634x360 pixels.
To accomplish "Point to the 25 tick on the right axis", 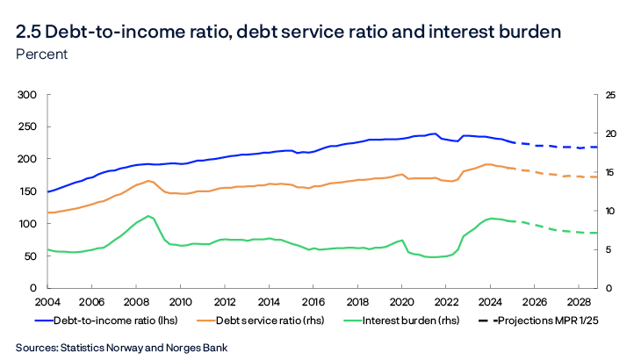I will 602,94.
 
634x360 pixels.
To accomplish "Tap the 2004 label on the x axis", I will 47,302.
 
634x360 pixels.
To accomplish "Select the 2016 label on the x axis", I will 313,302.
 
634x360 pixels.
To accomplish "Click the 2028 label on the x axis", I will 578,302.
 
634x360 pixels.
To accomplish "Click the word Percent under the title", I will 41,54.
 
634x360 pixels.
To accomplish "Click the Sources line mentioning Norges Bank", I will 121,348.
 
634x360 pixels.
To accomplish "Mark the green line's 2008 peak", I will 149,215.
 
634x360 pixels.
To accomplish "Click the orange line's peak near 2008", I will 148,181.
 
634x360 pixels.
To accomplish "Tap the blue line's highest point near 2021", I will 436,133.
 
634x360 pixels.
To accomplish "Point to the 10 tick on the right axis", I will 602,211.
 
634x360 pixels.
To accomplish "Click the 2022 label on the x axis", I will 445,302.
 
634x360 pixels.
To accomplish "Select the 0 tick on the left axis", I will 32,288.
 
